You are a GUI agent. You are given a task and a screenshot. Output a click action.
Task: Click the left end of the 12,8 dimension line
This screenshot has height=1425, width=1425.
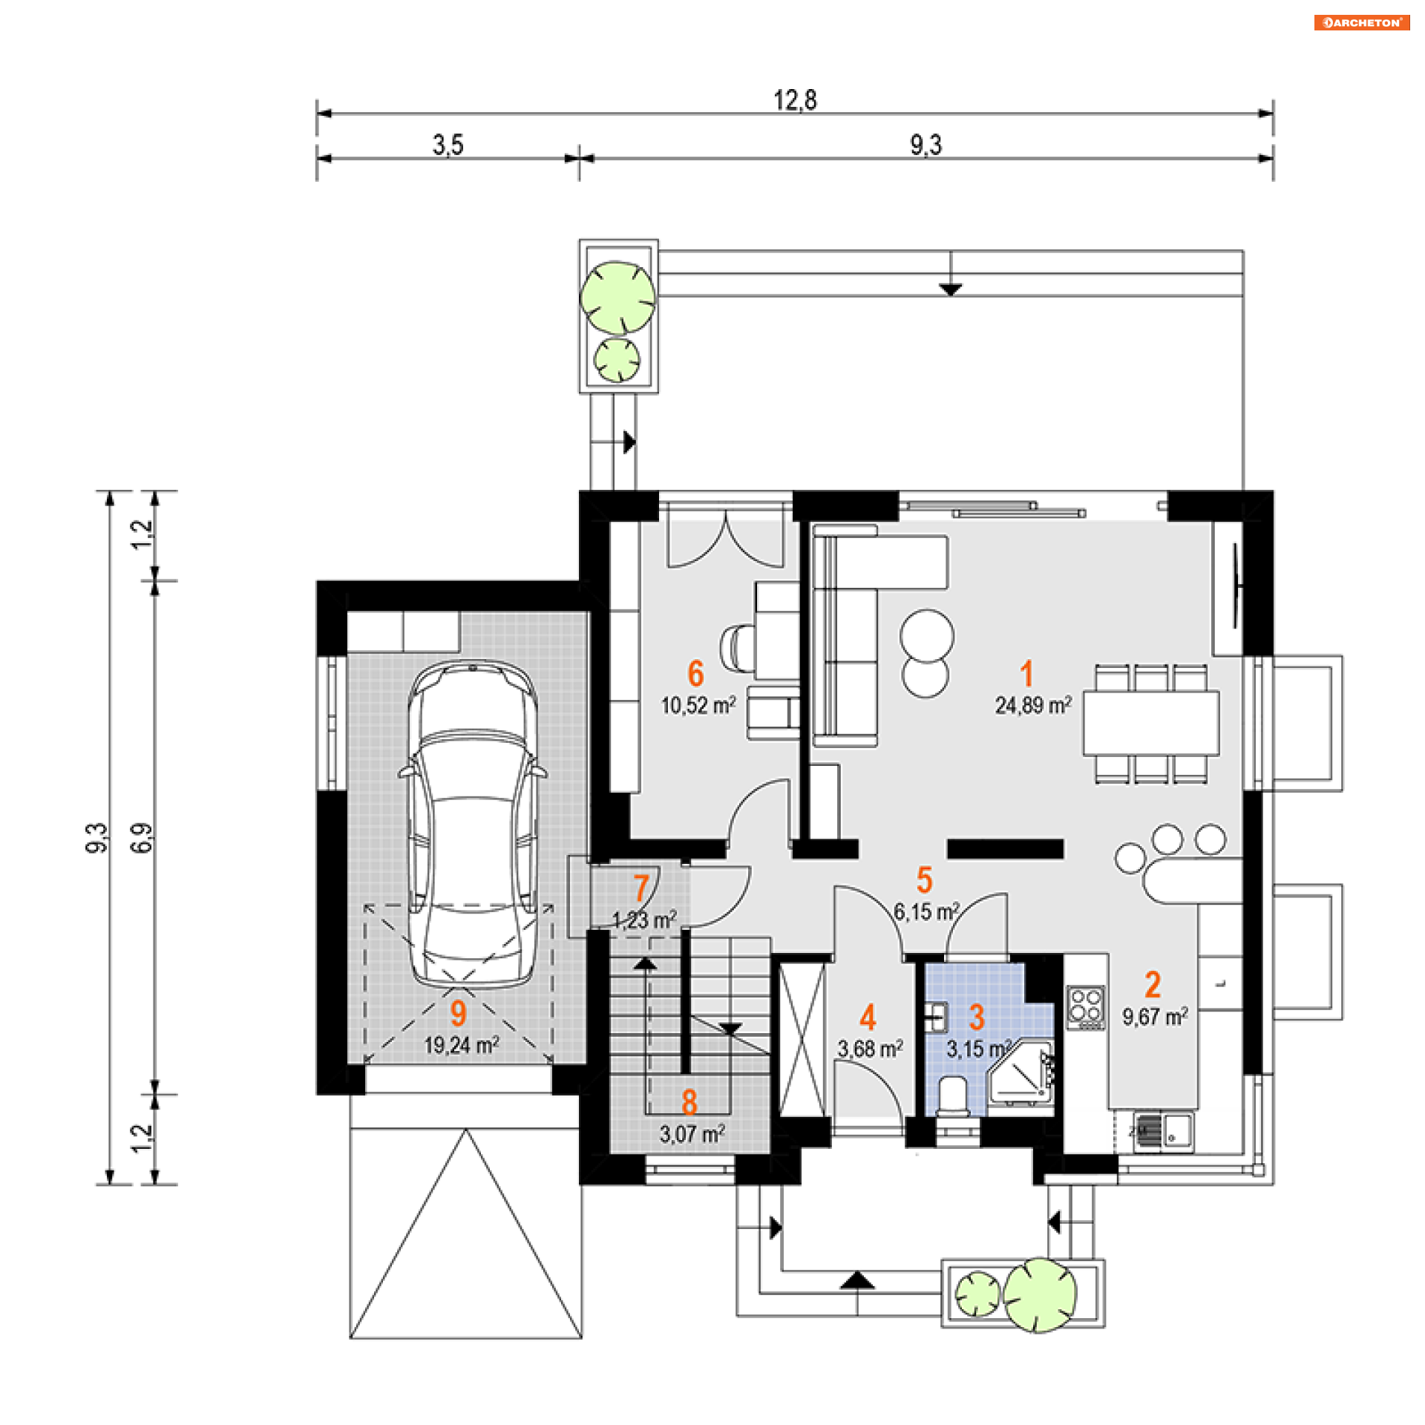click(x=317, y=114)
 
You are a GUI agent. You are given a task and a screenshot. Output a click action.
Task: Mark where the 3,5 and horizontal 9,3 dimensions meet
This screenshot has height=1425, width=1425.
click(x=579, y=158)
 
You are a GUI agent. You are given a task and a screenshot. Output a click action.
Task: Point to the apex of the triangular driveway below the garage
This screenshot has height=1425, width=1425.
click(x=466, y=1130)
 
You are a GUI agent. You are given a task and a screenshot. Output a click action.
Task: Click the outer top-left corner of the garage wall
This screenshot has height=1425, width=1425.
click(x=317, y=581)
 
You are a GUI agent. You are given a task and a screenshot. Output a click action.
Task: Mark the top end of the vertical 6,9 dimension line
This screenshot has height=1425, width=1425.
click(x=155, y=580)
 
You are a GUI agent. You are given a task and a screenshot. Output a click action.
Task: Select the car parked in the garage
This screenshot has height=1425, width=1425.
click(x=472, y=824)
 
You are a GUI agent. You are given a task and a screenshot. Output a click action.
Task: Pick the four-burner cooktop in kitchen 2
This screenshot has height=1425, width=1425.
click(x=1086, y=1007)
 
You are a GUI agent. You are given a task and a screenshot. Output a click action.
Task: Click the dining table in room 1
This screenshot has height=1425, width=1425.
click(x=1150, y=724)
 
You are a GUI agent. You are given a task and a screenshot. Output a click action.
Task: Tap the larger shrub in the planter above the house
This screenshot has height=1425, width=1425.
click(x=617, y=297)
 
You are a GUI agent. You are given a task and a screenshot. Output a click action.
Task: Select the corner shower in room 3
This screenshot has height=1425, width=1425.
click(x=1021, y=1074)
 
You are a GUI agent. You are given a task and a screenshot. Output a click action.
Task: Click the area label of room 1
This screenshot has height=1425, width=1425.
click(x=1033, y=705)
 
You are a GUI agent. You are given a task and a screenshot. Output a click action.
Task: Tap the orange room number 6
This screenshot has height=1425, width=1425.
click(x=695, y=673)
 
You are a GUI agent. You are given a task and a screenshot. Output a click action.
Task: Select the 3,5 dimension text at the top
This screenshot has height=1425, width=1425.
click(x=448, y=144)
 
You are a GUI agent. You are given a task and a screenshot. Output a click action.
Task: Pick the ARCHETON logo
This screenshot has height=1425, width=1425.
click(x=1362, y=23)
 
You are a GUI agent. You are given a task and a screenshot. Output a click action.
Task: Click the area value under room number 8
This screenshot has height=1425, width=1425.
click(x=692, y=1134)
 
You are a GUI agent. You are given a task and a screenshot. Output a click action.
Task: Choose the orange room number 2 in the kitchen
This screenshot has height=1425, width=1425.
click(x=1153, y=985)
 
